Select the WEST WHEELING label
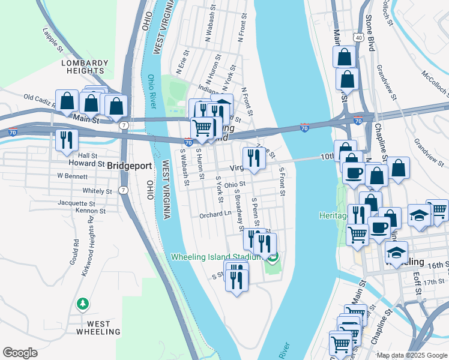pos(93,328)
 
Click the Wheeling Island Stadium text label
pos(217,256)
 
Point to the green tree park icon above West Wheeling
pos(83,305)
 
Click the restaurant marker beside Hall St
pos(65,140)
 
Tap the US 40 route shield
pos(358,37)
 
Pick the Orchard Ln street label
pos(215,214)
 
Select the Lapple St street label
pos(53,38)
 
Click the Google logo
pos(20,353)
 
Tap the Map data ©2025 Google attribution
pos(411,355)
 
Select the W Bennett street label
pos(73,176)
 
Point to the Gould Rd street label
pos(76,251)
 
